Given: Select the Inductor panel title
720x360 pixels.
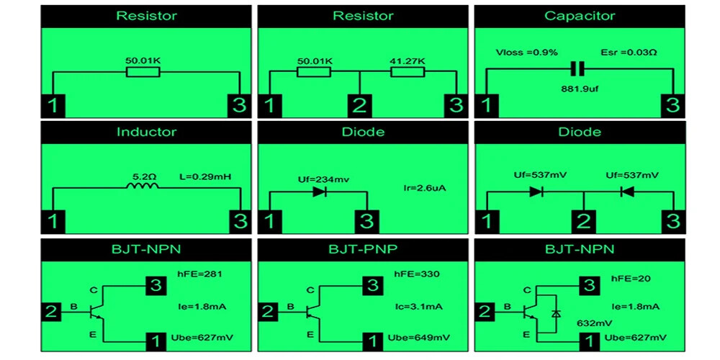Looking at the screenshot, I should (x=146, y=132).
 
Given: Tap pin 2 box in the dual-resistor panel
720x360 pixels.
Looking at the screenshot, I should (x=359, y=105).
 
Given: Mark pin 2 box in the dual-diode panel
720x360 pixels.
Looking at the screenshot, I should (x=584, y=220).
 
